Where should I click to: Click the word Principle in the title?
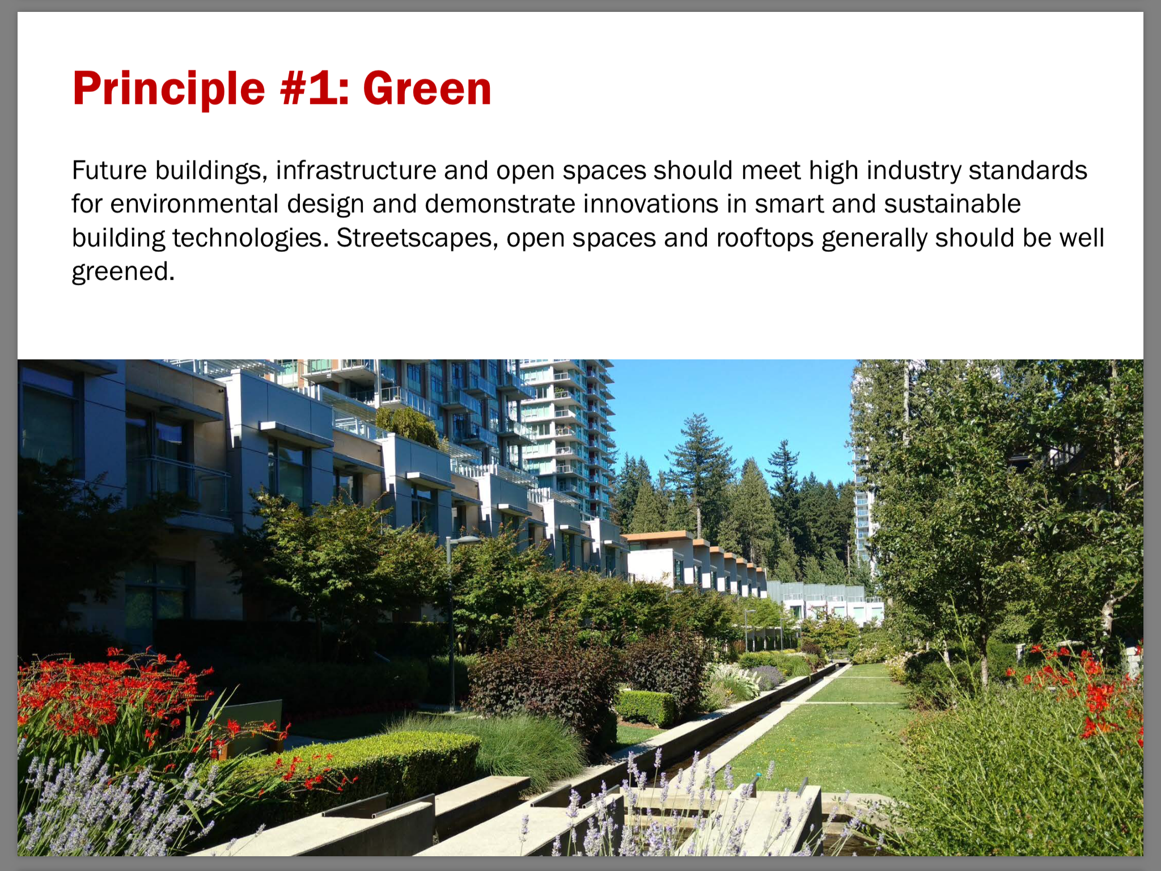(x=169, y=88)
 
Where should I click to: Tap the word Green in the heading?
(x=427, y=88)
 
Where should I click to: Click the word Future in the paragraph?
(x=109, y=170)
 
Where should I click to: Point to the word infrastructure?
(x=356, y=170)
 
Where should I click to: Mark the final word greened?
(x=123, y=271)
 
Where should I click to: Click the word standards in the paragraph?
(x=1028, y=170)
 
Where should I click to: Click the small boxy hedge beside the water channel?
(x=645, y=708)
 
